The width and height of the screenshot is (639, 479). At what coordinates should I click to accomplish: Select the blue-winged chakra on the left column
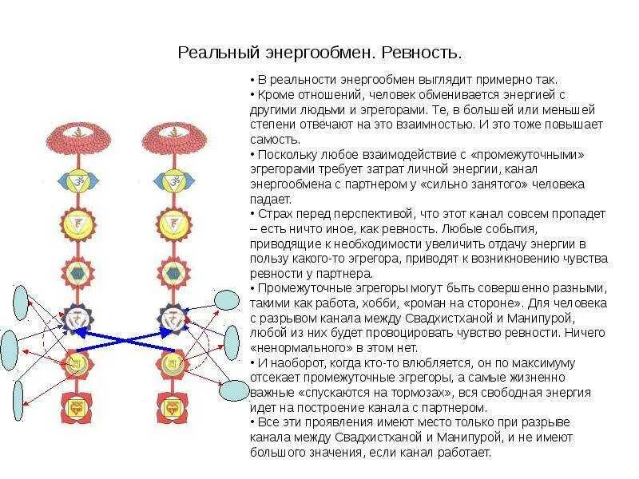pos(78,182)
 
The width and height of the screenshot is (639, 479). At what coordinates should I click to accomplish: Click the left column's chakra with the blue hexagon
pos(78,272)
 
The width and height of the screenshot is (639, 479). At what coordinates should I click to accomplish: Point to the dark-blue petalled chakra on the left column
pos(78,319)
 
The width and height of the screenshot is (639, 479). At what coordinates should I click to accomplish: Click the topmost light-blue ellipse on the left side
pos(22,303)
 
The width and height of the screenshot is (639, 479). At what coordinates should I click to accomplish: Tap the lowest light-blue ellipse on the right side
pos(233,390)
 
